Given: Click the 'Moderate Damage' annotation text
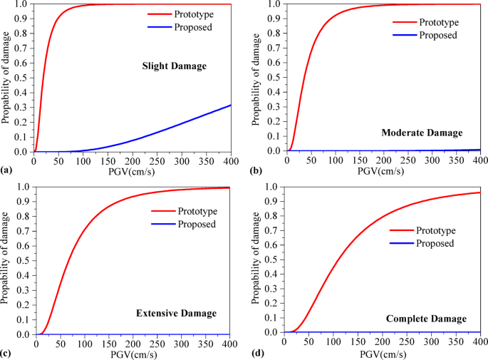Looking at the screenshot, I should click(422, 133).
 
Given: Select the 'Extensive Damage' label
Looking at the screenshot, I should click(175, 313).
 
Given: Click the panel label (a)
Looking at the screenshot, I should click(7, 170).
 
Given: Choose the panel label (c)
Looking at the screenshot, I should click(7, 353).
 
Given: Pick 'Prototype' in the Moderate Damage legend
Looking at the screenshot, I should click(440, 22).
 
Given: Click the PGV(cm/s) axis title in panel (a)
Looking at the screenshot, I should click(133, 170).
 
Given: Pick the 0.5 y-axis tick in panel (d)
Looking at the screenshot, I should click(271, 259).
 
